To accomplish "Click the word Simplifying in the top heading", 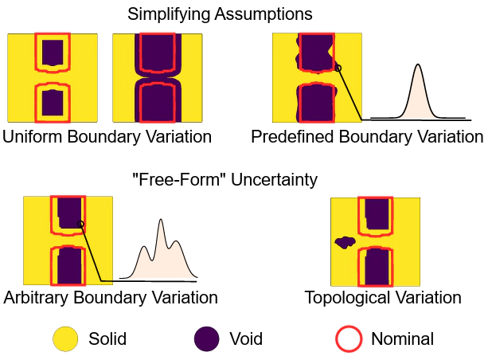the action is (x=169, y=14).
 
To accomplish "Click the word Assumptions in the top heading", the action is (x=264, y=14).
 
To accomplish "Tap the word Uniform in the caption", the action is (x=32, y=136).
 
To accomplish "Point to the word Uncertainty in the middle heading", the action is (x=274, y=180).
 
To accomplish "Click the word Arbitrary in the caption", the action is (x=37, y=297).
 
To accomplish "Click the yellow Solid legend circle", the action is (x=65, y=338).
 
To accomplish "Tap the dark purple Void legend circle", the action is (x=207, y=338).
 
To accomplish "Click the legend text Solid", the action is (x=107, y=338).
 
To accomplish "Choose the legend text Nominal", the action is (x=402, y=338).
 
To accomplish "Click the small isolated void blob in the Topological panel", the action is (x=345, y=242).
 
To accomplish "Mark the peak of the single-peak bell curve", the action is (x=418, y=65).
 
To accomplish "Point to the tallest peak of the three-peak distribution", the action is (x=161, y=220).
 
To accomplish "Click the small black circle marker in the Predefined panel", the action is (x=338, y=68).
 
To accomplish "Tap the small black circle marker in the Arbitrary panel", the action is (x=80, y=224).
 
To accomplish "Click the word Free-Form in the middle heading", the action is (x=180, y=180).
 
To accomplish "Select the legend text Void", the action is (x=246, y=338).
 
